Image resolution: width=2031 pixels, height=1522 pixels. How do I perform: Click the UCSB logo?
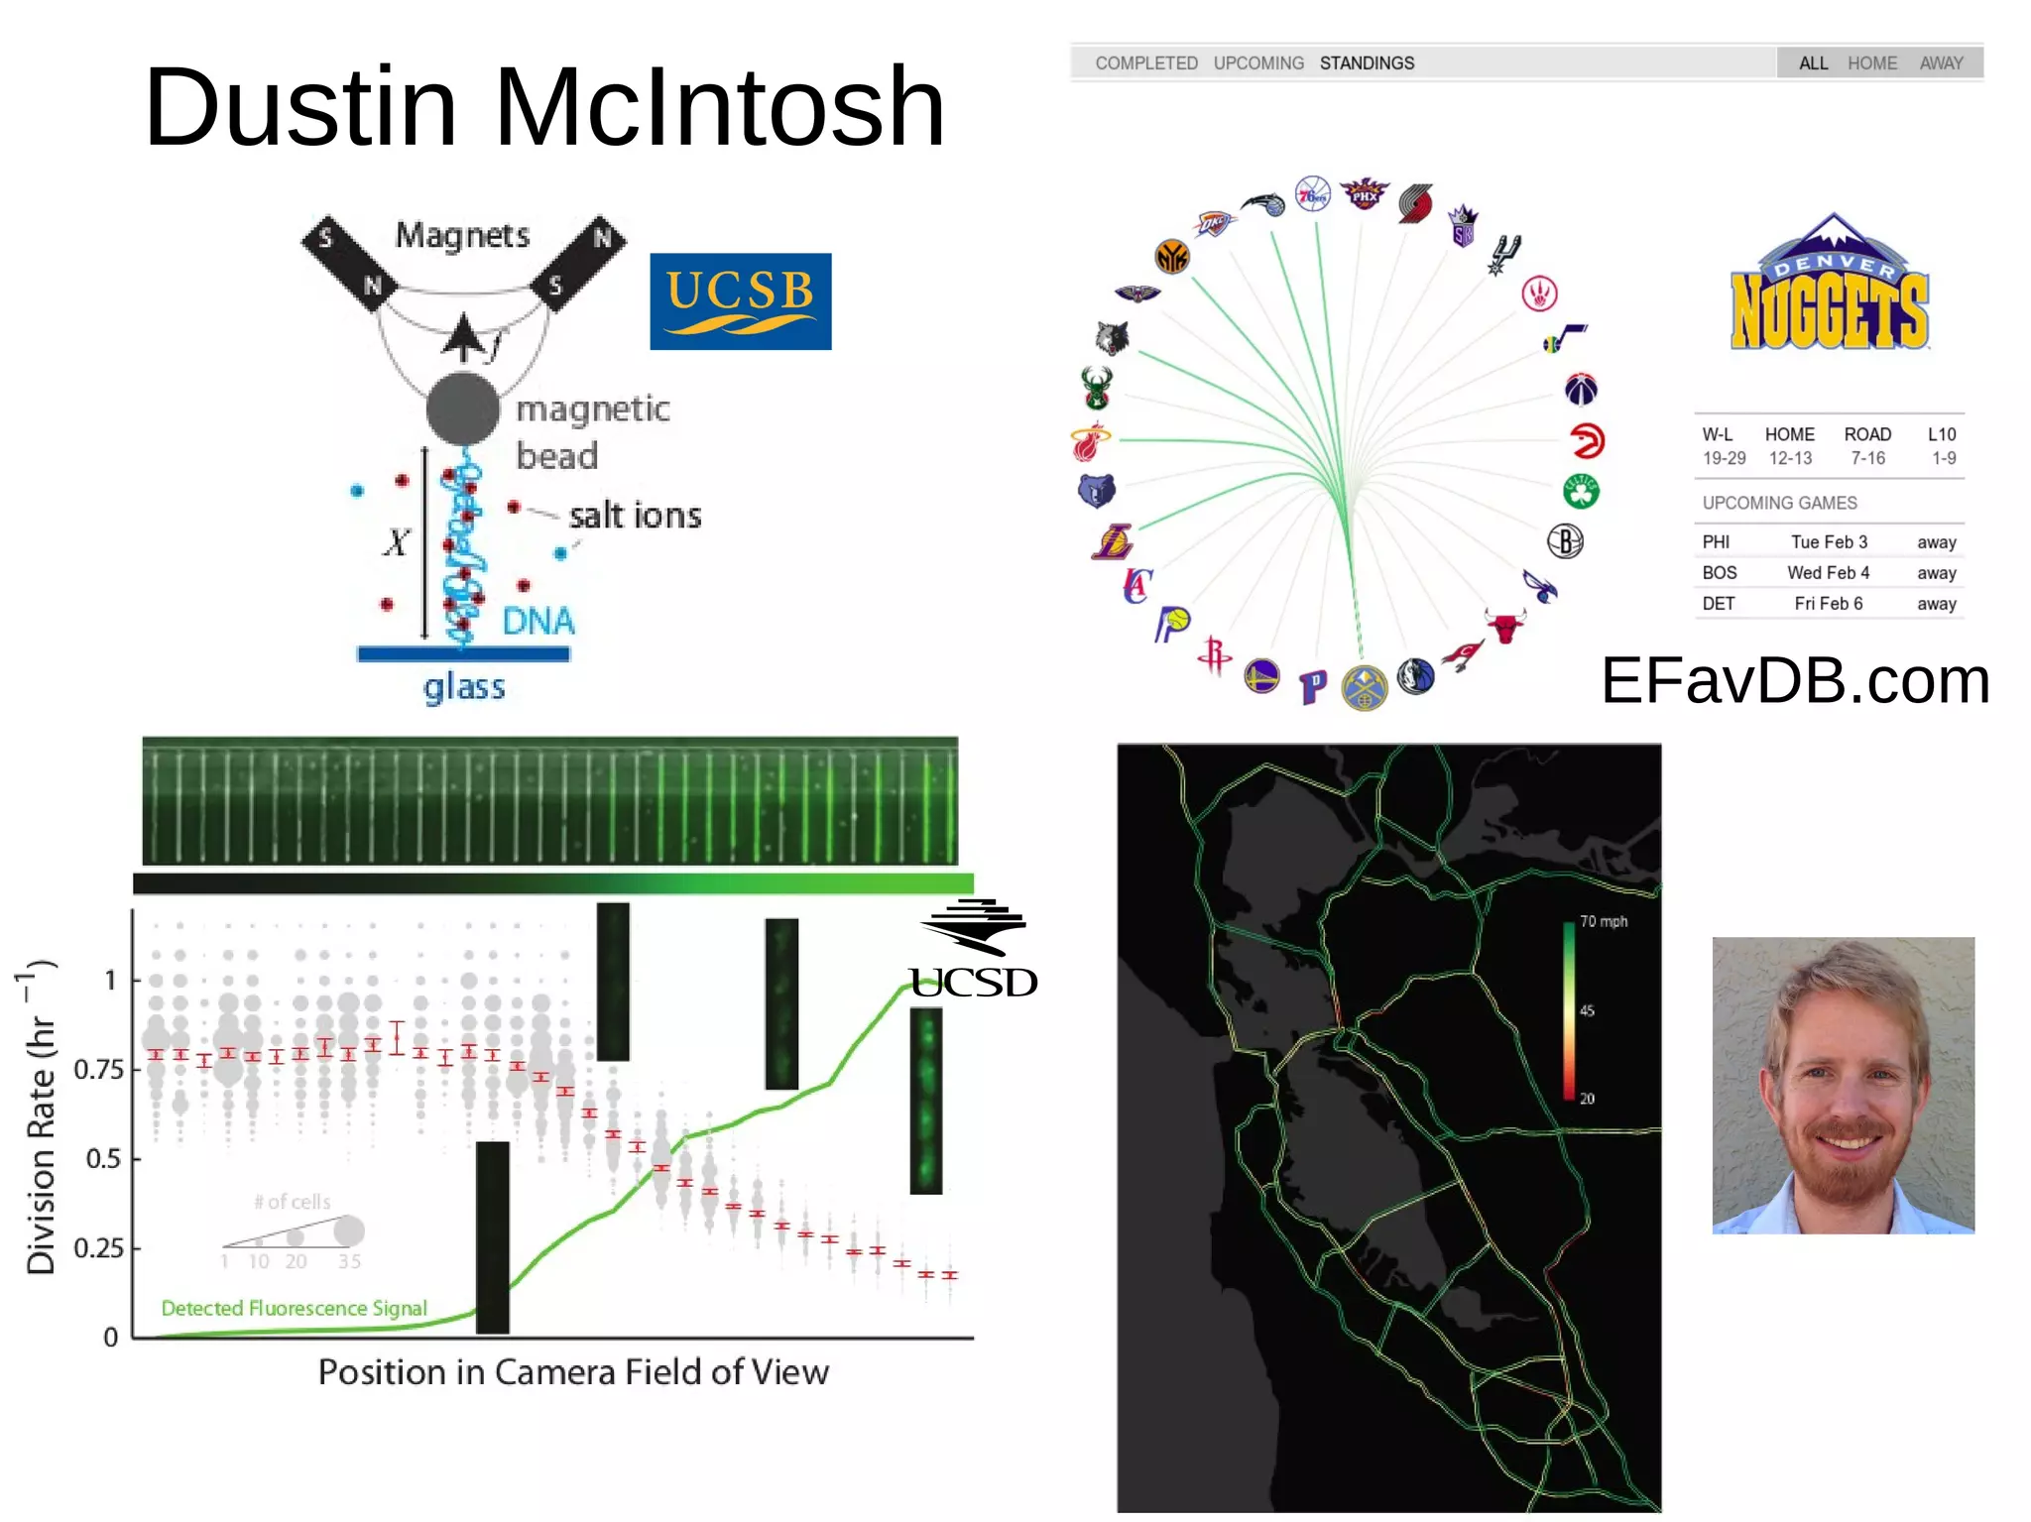pyautogui.click(x=740, y=301)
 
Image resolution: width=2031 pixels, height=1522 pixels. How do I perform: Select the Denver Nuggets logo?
pyautogui.click(x=1830, y=286)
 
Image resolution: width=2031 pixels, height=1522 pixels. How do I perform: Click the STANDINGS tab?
pyautogui.click(x=1367, y=63)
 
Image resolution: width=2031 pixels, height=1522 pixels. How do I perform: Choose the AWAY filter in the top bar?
pyautogui.click(x=1941, y=63)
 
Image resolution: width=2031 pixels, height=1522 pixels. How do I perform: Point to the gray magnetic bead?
pyautogui.click(x=463, y=409)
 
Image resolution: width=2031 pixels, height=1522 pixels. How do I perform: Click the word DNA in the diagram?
pyautogui.click(x=538, y=622)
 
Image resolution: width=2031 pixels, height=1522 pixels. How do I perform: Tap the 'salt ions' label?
pyautogui.click(x=635, y=516)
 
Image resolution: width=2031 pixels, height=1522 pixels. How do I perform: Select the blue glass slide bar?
pyautogui.click(x=463, y=654)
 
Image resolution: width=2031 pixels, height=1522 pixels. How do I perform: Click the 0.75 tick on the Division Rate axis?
pyautogui.click(x=99, y=1070)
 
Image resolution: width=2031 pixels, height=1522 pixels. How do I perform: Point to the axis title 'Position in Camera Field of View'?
pyautogui.click(x=573, y=1372)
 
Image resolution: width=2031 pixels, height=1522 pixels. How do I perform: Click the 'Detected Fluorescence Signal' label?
pyautogui.click(x=294, y=1309)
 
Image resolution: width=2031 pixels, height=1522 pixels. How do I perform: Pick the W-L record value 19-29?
pyautogui.click(x=1724, y=458)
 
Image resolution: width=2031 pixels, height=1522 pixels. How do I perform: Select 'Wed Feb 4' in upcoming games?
pyautogui.click(x=1828, y=573)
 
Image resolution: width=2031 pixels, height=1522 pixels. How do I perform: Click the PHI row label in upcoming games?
pyautogui.click(x=1716, y=542)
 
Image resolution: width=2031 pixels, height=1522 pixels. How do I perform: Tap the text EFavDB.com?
pyautogui.click(x=1795, y=681)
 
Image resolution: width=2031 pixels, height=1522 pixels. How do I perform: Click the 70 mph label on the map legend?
pyautogui.click(x=1604, y=921)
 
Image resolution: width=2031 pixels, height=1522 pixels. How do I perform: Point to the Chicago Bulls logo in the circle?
pyautogui.click(x=1504, y=627)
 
